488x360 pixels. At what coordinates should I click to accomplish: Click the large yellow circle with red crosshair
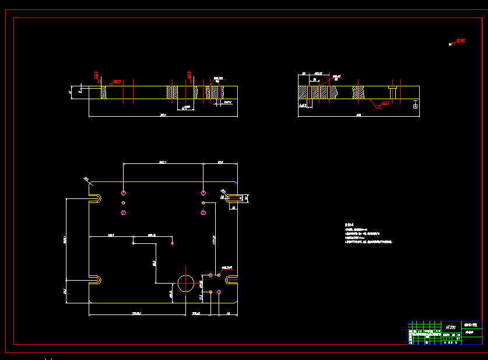click(186, 283)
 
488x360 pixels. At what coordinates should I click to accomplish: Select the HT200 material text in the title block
click(451, 328)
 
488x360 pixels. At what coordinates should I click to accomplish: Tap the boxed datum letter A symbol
click(415, 106)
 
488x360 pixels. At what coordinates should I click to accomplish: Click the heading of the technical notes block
click(349, 225)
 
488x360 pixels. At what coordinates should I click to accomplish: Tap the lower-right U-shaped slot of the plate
click(231, 280)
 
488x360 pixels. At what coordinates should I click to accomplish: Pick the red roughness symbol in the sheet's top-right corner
click(458, 42)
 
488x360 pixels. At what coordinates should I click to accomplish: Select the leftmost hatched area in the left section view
click(104, 93)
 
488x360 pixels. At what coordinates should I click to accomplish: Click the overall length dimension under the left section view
click(163, 116)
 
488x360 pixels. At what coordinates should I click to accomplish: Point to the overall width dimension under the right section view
click(359, 116)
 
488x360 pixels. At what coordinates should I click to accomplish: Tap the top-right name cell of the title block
click(472, 324)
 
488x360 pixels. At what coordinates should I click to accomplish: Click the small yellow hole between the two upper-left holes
click(124, 202)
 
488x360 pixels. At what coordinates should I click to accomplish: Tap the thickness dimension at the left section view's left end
click(71, 92)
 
